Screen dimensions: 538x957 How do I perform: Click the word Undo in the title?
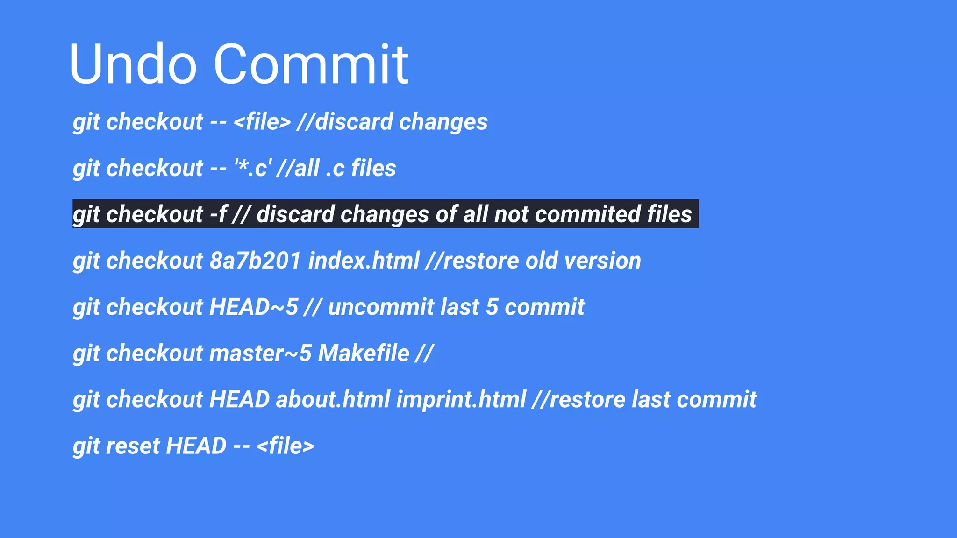[x=133, y=64]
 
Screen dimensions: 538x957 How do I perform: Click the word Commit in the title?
[x=311, y=64]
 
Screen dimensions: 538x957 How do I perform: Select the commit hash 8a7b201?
[x=255, y=261]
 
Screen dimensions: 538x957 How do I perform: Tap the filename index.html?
[x=364, y=261]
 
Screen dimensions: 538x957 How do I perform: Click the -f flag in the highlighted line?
[x=218, y=214]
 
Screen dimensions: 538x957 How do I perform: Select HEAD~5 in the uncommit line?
[x=253, y=307]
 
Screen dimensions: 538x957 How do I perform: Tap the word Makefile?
[x=364, y=353]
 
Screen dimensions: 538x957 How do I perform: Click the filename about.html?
[x=333, y=399]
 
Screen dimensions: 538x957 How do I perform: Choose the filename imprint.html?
[x=461, y=399]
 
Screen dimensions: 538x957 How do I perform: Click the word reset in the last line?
[x=133, y=446]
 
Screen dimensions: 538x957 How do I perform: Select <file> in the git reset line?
[x=285, y=446]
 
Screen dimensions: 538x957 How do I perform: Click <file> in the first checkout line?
[x=262, y=122]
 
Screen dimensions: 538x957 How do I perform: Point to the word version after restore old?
[x=602, y=261]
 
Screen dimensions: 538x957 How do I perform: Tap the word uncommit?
[x=381, y=307]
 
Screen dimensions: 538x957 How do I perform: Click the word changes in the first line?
[x=443, y=122]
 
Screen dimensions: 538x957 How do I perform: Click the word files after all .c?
[x=373, y=168]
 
